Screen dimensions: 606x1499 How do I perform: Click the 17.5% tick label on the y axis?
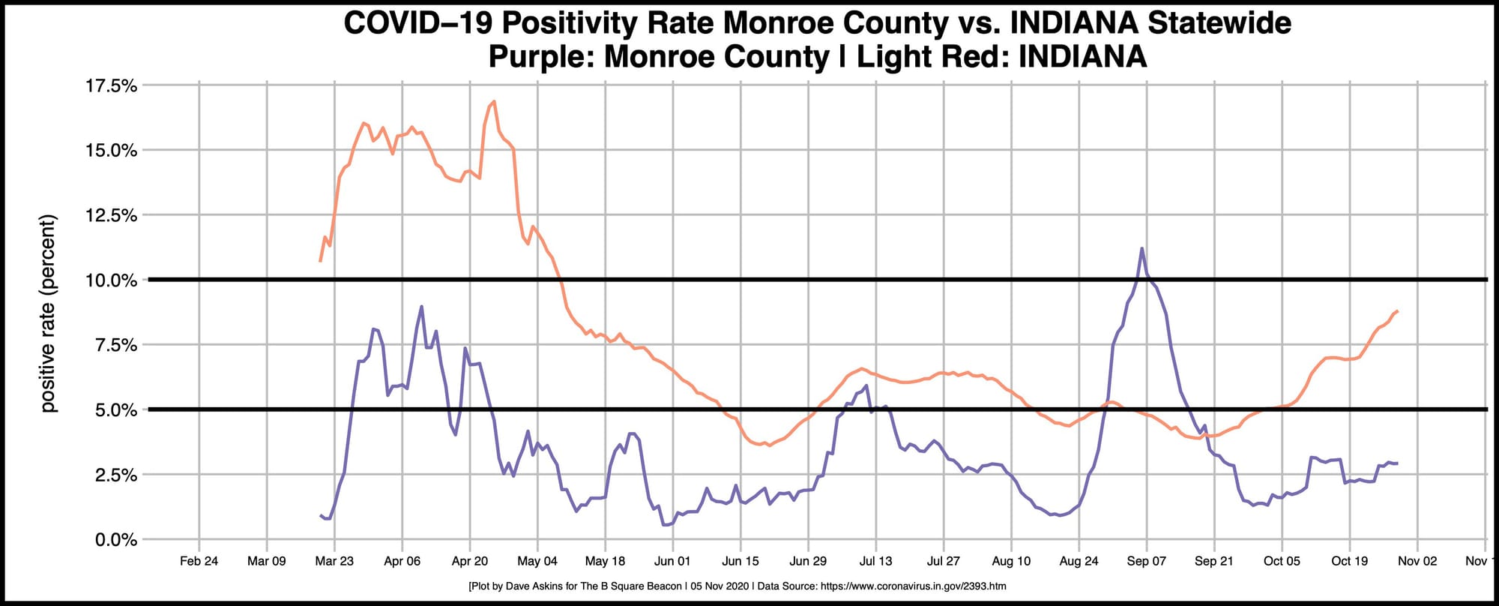pos(112,85)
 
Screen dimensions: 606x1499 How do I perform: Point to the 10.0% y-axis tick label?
pos(112,280)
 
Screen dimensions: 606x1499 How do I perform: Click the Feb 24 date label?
pos(199,561)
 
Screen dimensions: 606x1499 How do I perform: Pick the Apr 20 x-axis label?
pos(470,561)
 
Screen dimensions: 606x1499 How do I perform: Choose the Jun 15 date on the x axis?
pos(741,561)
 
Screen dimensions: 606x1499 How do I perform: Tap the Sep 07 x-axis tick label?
pos(1147,561)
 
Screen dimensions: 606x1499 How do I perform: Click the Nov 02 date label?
pos(1417,561)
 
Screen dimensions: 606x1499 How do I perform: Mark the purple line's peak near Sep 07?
pos(1141,248)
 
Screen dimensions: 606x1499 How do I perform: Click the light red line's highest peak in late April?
pos(494,101)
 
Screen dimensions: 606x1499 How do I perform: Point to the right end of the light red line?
pos(1398,310)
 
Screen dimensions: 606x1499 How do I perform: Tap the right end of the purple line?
pos(1397,463)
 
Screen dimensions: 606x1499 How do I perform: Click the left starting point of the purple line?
pos(321,515)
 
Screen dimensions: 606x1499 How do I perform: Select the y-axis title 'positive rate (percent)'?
pos(49,313)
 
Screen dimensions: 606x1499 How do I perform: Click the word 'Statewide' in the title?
pos(1219,23)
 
